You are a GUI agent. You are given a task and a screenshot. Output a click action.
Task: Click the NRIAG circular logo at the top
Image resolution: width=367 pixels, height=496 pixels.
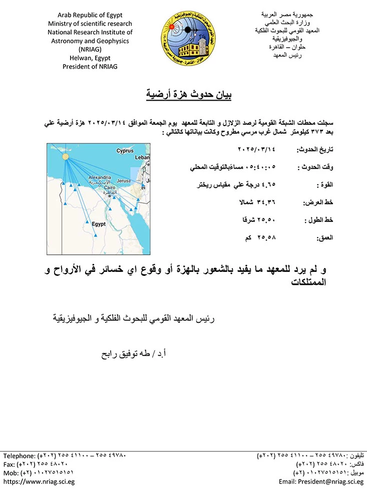[184, 36]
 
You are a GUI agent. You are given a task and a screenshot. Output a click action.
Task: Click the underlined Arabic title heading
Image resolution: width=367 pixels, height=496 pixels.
[184, 94]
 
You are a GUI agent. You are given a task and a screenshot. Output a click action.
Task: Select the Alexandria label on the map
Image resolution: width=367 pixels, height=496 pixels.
[99, 177]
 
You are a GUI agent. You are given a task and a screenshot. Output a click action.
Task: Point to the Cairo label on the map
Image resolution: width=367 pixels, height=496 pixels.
[108, 188]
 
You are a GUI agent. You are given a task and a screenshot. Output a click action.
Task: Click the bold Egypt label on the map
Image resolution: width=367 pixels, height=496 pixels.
[99, 224]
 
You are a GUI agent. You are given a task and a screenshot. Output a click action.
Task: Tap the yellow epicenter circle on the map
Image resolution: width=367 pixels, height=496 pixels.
[65, 157]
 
